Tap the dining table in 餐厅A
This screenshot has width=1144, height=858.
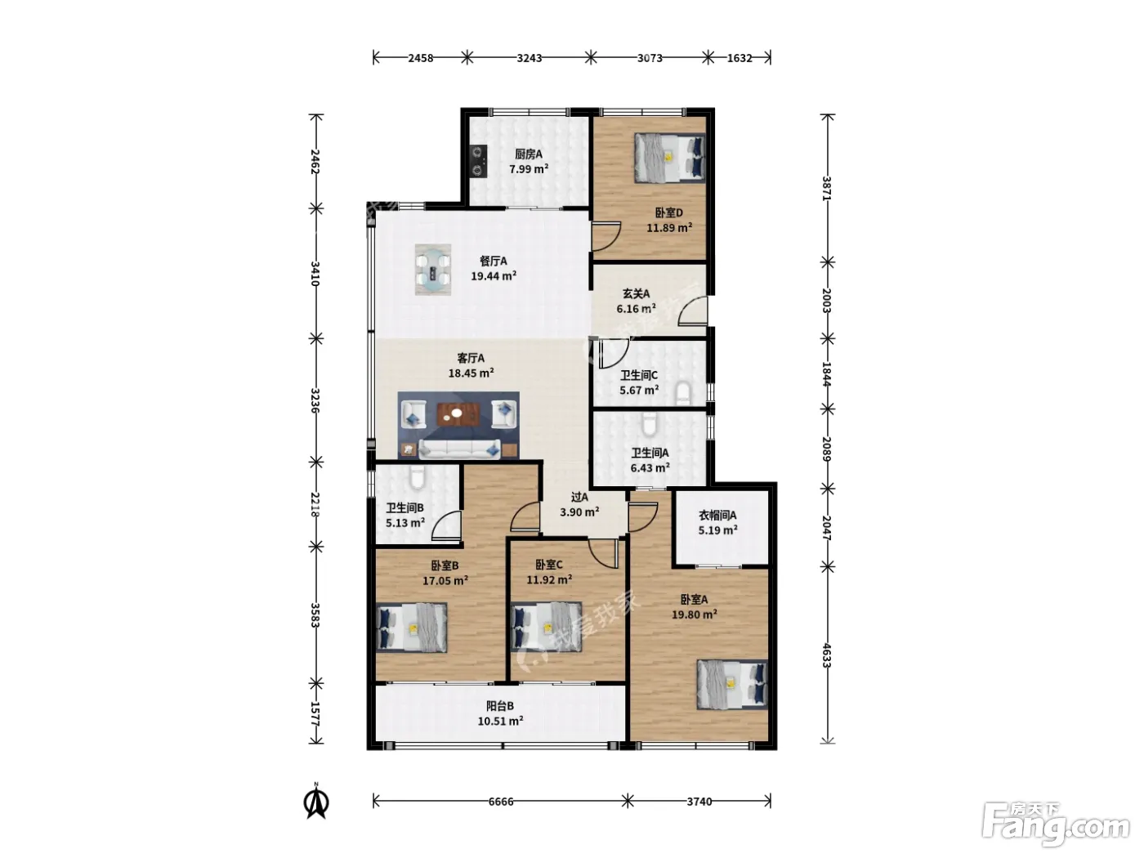(432, 270)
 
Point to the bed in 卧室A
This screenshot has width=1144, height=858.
(732, 684)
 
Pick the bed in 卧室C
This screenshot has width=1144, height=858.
(546, 627)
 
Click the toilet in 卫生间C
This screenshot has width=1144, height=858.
(683, 394)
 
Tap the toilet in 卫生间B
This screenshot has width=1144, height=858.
(418, 477)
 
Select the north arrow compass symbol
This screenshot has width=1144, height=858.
(316, 802)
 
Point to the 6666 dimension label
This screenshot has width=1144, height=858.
(501, 802)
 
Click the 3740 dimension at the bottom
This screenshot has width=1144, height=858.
(699, 802)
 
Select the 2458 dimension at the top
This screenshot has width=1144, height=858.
(421, 58)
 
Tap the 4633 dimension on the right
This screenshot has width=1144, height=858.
(827, 655)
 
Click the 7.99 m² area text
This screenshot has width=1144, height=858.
(529, 169)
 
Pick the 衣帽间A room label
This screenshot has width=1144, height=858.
(717, 516)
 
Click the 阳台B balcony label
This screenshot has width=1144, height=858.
(500, 706)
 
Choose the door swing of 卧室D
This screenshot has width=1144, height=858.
(606, 237)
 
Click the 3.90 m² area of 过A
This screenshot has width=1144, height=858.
(579, 512)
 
